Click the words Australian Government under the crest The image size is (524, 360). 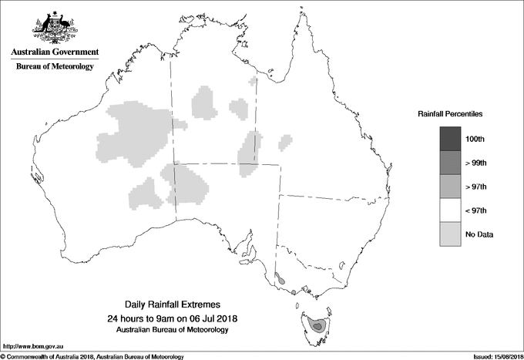pyautogui.click(x=55, y=52)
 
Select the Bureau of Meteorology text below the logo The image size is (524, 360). pyautogui.click(x=55, y=67)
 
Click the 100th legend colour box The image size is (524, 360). pyautogui.click(x=451, y=139)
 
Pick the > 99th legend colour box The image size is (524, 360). pyautogui.click(x=451, y=163)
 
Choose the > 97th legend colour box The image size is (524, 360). pyautogui.click(x=451, y=187)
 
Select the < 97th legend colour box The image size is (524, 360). pyautogui.click(x=451, y=210)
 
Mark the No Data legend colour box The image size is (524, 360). pyautogui.click(x=451, y=234)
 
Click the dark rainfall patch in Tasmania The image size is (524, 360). pyautogui.click(x=317, y=327)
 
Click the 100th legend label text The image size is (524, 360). pyautogui.click(x=475, y=139)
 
